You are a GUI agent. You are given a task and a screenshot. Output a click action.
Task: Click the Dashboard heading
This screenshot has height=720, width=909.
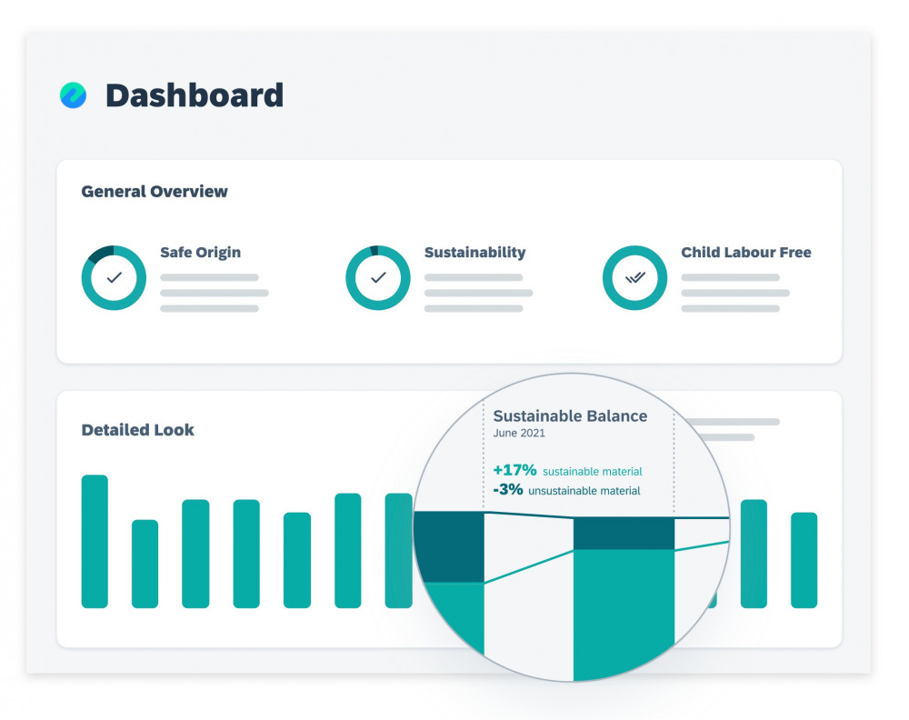pyautogui.click(x=195, y=95)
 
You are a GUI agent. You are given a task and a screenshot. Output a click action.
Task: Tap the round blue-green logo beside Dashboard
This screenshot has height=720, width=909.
pyautogui.click(x=74, y=95)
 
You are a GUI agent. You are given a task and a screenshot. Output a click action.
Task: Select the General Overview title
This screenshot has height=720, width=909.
pyautogui.click(x=155, y=192)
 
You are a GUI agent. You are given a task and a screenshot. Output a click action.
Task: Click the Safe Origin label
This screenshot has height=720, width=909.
pyautogui.click(x=200, y=253)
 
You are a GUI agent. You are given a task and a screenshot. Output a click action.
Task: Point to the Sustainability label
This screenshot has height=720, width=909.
pyautogui.click(x=474, y=253)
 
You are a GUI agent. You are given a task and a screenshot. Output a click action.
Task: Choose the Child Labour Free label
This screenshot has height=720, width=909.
pyautogui.click(x=745, y=253)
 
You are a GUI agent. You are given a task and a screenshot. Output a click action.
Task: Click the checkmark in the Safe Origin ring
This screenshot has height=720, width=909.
pyautogui.click(x=115, y=278)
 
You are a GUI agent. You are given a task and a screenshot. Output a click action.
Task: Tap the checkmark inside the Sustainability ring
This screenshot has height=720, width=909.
pyautogui.click(x=378, y=278)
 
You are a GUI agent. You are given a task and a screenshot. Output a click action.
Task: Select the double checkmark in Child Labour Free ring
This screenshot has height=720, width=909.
pyautogui.click(x=635, y=278)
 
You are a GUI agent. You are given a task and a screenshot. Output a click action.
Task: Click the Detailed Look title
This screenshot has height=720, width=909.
pyautogui.click(x=138, y=430)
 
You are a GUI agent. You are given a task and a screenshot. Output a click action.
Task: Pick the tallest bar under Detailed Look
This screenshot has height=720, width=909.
pyautogui.click(x=95, y=541)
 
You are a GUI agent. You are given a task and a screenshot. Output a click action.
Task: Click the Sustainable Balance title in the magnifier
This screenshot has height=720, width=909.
pyautogui.click(x=570, y=416)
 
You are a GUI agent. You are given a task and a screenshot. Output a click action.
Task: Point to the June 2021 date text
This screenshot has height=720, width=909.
pyautogui.click(x=519, y=434)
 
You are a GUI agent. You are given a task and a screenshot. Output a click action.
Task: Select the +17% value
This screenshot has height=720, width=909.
pyautogui.click(x=515, y=471)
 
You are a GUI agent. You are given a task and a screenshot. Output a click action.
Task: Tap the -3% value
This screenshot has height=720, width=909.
pyautogui.click(x=509, y=491)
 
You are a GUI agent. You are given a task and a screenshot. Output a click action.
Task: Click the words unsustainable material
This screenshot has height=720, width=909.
pyautogui.click(x=584, y=492)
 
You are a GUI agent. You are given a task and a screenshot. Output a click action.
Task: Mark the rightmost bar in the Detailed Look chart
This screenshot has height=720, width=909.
pyautogui.click(x=804, y=560)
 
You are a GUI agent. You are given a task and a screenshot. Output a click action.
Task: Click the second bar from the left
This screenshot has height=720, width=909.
pyautogui.click(x=145, y=564)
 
